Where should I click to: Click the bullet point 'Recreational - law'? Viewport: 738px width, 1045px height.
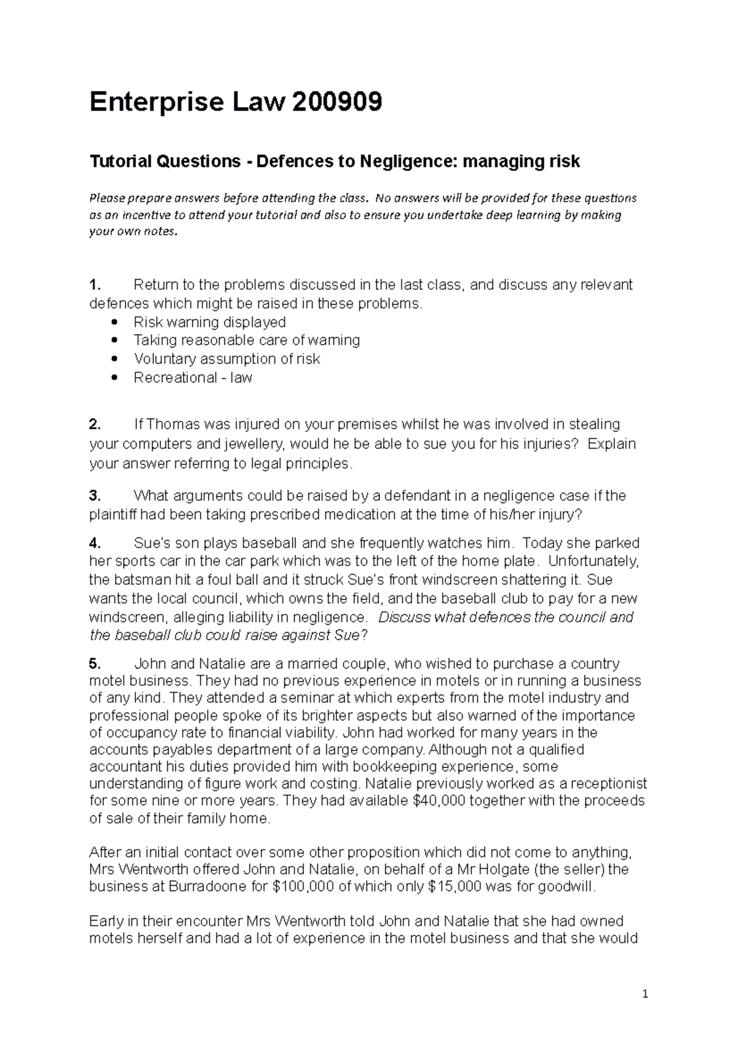coord(192,377)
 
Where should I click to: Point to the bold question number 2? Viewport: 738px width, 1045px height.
coord(95,425)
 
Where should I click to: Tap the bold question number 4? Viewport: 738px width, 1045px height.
coord(95,543)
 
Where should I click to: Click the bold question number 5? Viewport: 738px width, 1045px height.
coord(95,663)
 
